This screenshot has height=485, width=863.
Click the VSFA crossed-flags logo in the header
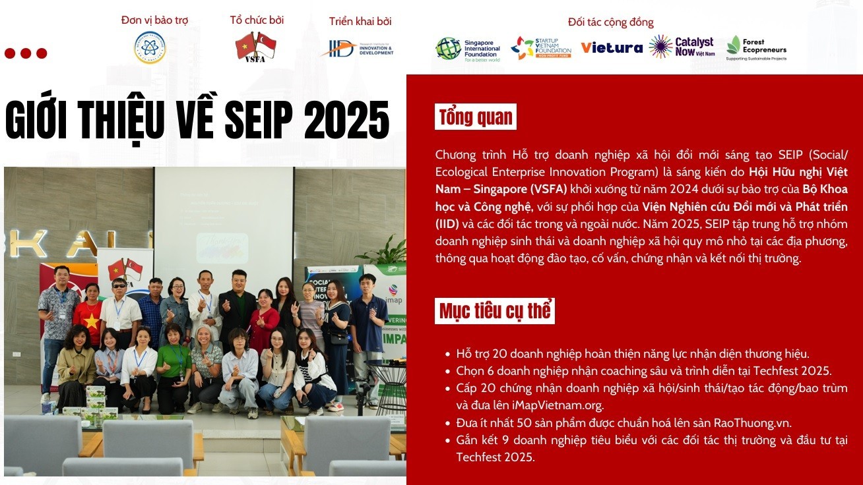tap(255, 47)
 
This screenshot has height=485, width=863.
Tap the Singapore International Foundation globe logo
tap(448, 49)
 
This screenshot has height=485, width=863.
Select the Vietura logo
tap(612, 47)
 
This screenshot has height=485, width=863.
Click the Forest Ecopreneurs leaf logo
tap(734, 45)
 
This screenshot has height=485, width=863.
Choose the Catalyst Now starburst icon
tap(660, 47)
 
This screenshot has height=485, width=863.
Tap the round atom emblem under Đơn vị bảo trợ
tap(150, 47)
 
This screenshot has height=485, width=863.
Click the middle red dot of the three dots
tap(26, 53)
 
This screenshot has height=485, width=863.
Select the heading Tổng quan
tap(476, 117)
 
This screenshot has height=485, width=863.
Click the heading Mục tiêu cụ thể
tap(495, 310)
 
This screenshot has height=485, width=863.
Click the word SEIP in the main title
tap(259, 120)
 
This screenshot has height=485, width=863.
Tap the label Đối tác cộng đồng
tap(611, 22)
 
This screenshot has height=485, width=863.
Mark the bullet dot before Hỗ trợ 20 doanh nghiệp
tap(447, 354)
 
